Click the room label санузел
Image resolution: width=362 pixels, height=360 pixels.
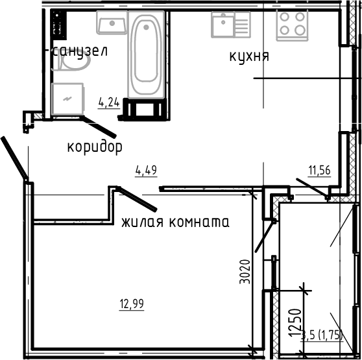click(79, 51)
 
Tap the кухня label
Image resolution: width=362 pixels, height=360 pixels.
click(249, 56)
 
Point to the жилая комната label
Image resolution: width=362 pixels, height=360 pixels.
click(175, 222)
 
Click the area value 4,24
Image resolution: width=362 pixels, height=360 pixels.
click(108, 101)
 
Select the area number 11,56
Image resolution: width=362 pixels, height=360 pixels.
click(320, 171)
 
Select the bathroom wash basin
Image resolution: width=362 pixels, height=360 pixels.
click(111, 23)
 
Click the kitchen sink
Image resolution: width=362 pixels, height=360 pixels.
click(230, 25)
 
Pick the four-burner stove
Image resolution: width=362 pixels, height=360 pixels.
click(291, 25)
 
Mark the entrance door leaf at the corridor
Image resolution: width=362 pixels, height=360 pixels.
click(14, 156)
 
